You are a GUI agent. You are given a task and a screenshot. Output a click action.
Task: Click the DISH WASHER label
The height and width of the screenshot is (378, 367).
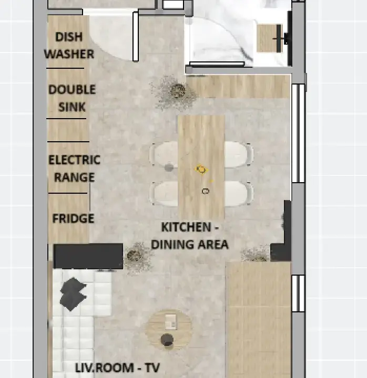(69, 45)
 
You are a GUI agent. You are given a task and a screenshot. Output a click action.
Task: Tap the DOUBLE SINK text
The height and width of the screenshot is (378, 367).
(72, 98)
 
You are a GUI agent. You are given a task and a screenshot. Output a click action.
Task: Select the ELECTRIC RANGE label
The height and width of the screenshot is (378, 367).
(74, 169)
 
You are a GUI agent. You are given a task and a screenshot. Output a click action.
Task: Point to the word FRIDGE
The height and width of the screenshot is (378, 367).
(73, 218)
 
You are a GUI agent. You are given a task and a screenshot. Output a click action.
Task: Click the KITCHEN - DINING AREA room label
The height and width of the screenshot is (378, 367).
(190, 236)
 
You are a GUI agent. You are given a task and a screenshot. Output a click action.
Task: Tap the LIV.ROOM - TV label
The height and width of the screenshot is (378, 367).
(118, 368)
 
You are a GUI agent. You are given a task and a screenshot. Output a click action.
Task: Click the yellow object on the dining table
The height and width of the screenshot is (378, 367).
(201, 170)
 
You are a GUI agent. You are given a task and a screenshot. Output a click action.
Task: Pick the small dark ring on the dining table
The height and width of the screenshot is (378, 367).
(205, 191)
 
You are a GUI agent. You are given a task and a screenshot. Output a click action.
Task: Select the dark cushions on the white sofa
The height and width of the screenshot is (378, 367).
(73, 294)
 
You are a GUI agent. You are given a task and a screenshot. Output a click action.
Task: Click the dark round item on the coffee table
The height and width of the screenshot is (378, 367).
(167, 340)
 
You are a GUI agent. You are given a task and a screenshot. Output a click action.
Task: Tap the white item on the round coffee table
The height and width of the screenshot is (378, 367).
(171, 322)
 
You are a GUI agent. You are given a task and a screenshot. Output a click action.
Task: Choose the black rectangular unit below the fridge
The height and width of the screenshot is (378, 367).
(88, 256)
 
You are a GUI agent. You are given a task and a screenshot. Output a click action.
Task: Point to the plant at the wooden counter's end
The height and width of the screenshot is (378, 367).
(176, 92)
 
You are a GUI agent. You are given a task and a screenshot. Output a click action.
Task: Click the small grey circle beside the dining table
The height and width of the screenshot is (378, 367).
(169, 167)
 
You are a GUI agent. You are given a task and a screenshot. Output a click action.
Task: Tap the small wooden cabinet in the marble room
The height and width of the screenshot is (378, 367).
(269, 38)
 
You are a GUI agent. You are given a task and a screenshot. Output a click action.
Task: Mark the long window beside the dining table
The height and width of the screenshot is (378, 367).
(299, 133)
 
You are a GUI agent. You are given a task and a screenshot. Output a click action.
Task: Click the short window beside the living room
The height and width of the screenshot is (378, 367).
(299, 293)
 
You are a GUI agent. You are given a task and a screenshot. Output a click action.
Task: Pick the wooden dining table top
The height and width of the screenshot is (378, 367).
(201, 166)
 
